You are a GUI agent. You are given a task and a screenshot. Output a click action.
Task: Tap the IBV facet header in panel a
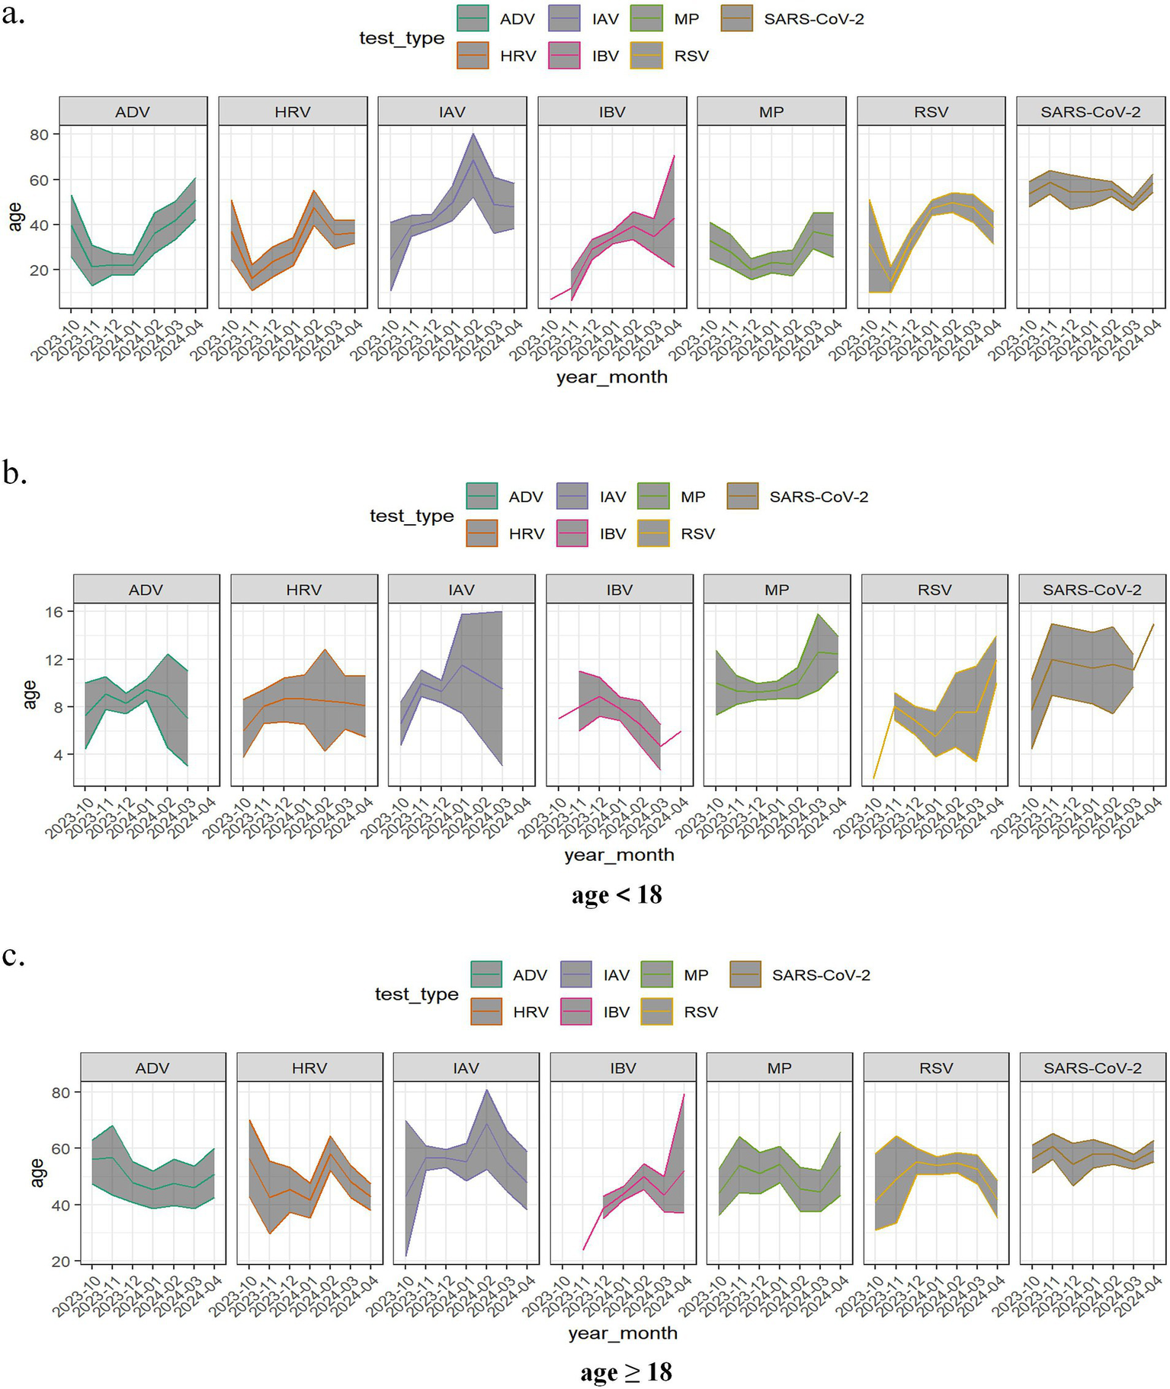(x=612, y=112)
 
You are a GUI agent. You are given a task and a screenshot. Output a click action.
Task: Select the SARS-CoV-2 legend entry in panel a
(x=813, y=19)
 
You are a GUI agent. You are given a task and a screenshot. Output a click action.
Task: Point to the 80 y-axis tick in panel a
(x=39, y=135)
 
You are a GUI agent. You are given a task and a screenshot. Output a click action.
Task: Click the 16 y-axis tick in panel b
(x=53, y=612)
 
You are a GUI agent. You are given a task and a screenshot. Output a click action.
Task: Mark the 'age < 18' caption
(x=617, y=894)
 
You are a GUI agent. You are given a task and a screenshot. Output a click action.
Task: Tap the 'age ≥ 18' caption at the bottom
(x=626, y=1371)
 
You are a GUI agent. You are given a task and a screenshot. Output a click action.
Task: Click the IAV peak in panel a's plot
(x=473, y=135)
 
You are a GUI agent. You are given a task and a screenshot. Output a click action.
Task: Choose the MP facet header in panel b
(x=777, y=590)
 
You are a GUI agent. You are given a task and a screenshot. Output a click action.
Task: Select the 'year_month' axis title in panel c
(x=623, y=1333)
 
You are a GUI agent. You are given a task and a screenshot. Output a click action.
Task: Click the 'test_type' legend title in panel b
(x=412, y=516)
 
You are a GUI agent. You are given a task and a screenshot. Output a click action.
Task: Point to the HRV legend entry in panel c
(x=531, y=1012)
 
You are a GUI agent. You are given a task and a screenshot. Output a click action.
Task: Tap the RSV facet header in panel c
(x=936, y=1068)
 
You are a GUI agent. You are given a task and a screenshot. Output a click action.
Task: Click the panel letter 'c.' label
(x=14, y=955)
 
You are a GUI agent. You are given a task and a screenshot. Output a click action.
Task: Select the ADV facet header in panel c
(x=152, y=1068)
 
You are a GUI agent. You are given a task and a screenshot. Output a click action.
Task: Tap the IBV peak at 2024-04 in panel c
(x=683, y=1095)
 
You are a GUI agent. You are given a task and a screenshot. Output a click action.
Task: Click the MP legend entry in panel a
(x=686, y=19)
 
